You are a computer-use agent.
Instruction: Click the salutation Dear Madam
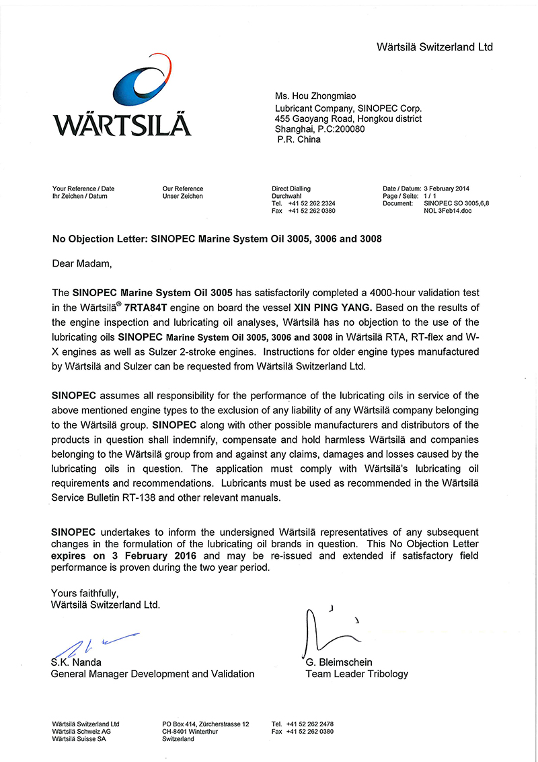click(79, 263)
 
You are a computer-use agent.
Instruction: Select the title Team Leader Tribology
click(356, 673)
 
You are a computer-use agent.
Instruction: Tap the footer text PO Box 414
click(178, 724)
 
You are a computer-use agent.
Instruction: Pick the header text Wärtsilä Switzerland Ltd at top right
click(434, 47)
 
